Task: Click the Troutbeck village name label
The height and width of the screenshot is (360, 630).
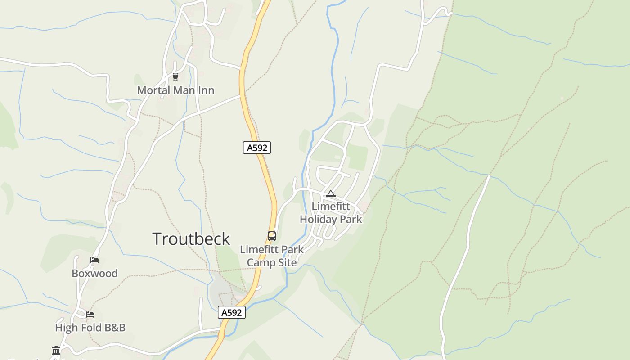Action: pos(191,239)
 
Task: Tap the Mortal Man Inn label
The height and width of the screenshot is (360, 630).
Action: pos(175,90)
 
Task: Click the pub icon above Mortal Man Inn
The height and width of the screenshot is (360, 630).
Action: pos(175,77)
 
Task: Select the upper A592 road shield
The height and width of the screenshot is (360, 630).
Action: pos(257,148)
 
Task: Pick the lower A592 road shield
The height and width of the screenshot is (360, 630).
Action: pos(232,312)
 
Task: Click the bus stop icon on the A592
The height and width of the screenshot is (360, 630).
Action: pos(272,236)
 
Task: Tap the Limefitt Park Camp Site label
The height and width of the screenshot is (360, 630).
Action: pos(272,256)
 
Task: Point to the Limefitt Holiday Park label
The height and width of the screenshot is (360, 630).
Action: pos(331,213)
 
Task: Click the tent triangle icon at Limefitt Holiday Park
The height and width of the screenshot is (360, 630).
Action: pos(331,194)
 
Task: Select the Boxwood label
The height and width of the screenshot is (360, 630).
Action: pos(95,274)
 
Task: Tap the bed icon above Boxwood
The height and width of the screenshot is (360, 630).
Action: pos(94,260)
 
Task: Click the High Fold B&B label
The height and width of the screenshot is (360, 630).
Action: pos(90,328)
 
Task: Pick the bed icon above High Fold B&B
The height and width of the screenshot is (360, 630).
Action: pos(90,314)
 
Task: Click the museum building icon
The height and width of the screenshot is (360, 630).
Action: pos(56,350)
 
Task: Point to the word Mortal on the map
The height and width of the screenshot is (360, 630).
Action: pos(153,90)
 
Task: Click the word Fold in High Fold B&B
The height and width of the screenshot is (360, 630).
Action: pos(90,328)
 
